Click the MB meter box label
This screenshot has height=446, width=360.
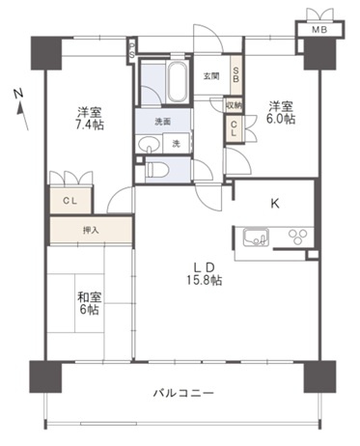tap(319, 30)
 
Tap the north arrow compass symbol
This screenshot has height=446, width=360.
tap(21, 109)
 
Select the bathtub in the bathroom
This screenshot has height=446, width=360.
tap(177, 81)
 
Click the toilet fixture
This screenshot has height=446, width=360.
tap(156, 170)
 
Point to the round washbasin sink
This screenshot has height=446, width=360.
tap(149, 144)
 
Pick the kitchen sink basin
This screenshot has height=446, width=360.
tap(256, 237)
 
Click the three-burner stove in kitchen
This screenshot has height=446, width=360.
tap(297, 237)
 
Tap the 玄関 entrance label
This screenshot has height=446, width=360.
tap(211, 76)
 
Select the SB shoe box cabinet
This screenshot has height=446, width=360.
tap(235, 75)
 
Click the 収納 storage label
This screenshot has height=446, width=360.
tap(234, 105)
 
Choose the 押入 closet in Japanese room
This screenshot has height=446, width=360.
tap(91, 230)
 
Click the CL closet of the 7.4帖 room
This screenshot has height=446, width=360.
tap(70, 200)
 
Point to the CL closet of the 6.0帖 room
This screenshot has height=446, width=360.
tap(234, 128)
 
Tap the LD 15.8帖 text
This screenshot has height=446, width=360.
tap(205, 273)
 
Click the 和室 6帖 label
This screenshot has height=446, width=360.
tap(89, 303)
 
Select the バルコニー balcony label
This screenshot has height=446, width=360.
tap(183, 393)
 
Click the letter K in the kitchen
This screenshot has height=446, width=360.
tap(275, 204)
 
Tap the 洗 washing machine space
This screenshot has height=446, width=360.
tap(176, 143)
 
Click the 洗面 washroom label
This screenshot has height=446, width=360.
tap(162, 122)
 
